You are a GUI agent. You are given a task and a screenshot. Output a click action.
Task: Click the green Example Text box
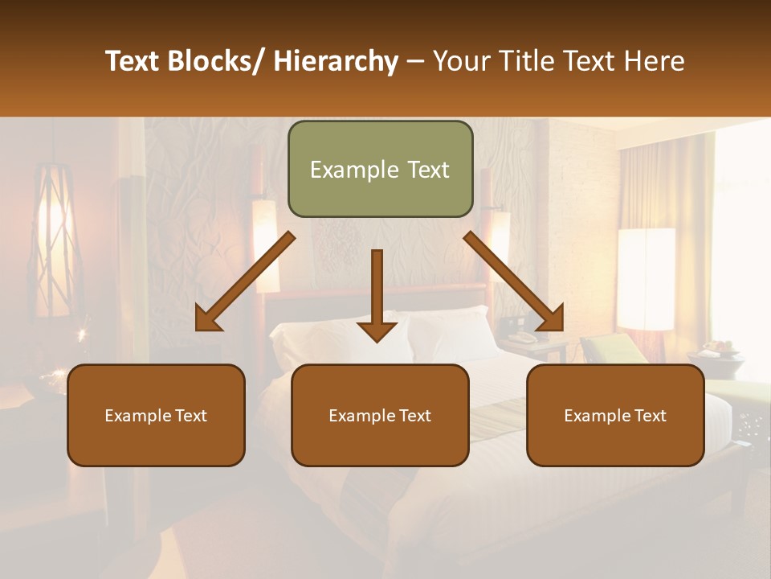380,170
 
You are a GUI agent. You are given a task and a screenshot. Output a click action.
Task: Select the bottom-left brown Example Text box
156,416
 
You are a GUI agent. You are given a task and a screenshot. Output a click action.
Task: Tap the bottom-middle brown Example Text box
380,416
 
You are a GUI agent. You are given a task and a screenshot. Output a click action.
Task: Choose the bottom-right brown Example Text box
615,416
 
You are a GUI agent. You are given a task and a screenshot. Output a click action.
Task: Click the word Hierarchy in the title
336,61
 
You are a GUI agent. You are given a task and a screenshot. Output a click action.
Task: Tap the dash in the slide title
415,63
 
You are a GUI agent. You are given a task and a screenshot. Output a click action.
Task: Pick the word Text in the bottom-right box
651,416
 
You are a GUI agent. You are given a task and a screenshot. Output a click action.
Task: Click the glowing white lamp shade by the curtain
646,278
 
